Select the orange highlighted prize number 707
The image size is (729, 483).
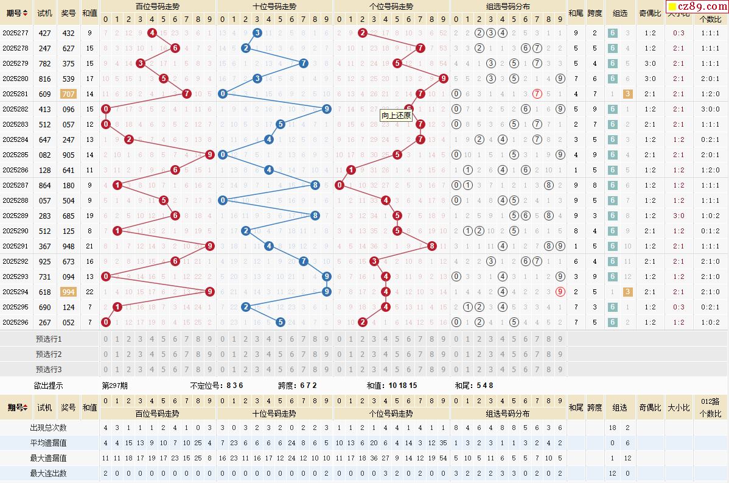pos(68,94)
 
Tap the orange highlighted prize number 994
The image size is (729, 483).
pos(68,292)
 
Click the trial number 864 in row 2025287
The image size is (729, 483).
pos(44,185)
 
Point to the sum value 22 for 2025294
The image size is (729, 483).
pos(89,292)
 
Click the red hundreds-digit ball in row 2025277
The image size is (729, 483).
pos(152,33)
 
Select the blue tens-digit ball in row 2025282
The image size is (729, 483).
pos(326,109)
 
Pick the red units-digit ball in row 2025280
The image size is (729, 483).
pos(443,78)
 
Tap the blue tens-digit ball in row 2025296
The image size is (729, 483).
pos(280,322)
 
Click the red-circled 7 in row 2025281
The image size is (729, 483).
pos(537,94)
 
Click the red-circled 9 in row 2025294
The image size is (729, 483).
pos(560,292)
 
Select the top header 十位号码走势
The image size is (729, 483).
pos(274,7)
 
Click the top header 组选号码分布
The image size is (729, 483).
pos(508,7)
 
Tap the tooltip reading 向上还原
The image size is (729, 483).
pos(396,115)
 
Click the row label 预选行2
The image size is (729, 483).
pos(49,354)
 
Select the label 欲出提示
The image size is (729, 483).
pos(49,386)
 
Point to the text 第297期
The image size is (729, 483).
pos(114,386)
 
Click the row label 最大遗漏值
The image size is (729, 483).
pos(49,458)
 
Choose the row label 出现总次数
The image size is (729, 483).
pos(49,428)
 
